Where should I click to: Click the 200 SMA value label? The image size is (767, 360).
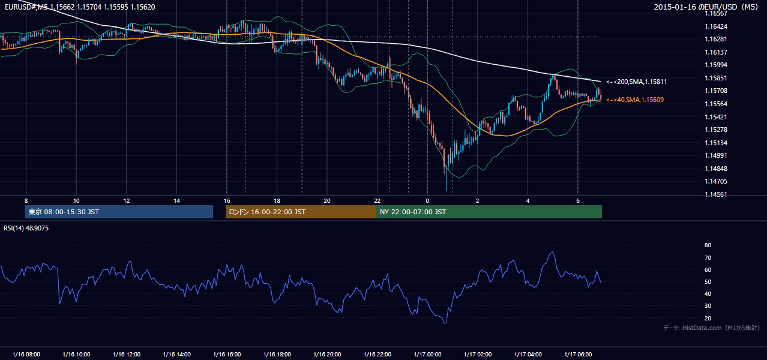click(x=636, y=82)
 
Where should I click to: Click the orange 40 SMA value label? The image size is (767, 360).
click(x=635, y=100)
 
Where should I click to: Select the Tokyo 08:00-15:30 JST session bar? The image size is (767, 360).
click(x=119, y=212)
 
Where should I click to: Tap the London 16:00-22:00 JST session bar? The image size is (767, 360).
click(x=301, y=212)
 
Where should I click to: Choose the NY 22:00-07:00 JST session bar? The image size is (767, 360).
click(x=489, y=212)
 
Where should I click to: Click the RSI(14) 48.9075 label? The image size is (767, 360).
click(x=26, y=228)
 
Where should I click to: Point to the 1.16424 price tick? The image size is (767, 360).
click(x=715, y=26)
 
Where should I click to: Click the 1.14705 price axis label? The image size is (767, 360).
click(x=715, y=181)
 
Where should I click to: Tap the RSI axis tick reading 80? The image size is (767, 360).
click(x=708, y=245)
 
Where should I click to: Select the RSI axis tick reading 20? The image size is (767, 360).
click(x=708, y=318)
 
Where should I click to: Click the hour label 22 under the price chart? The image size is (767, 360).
click(x=377, y=201)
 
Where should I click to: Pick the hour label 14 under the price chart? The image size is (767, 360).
click(x=176, y=201)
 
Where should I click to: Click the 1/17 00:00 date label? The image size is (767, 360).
click(x=427, y=355)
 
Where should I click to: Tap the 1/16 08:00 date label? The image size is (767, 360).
click(x=26, y=355)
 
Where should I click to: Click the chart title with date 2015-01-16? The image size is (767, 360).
click(x=706, y=7)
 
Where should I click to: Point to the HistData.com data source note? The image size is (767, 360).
click(x=711, y=328)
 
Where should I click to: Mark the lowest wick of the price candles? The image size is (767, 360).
click(x=446, y=190)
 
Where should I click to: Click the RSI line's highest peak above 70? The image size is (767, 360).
click(x=552, y=252)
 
